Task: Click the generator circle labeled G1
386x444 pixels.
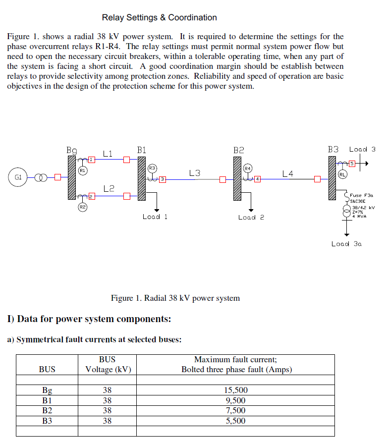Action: coord(18,177)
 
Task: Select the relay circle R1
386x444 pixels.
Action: coord(83,170)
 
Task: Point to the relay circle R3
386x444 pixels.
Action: coord(152,167)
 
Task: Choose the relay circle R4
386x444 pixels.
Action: coord(248,168)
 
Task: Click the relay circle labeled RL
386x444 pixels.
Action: coord(342,174)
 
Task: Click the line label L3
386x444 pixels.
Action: coord(195,173)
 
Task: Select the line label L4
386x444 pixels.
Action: coord(287,173)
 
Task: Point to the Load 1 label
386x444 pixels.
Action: coord(155,217)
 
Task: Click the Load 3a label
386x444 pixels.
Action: coord(346,243)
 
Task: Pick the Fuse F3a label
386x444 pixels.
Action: coord(361,195)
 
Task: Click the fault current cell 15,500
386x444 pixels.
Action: coord(236,390)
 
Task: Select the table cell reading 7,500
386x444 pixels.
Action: coord(236,410)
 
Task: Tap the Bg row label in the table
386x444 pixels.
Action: coord(47,390)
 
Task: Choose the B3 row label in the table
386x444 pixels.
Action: coord(47,421)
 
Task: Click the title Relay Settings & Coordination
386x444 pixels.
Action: coord(159,18)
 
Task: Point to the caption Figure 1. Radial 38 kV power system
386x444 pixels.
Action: coord(175,298)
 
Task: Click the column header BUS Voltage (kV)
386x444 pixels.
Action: coord(108,365)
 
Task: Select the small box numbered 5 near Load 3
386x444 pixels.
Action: coord(352,163)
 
